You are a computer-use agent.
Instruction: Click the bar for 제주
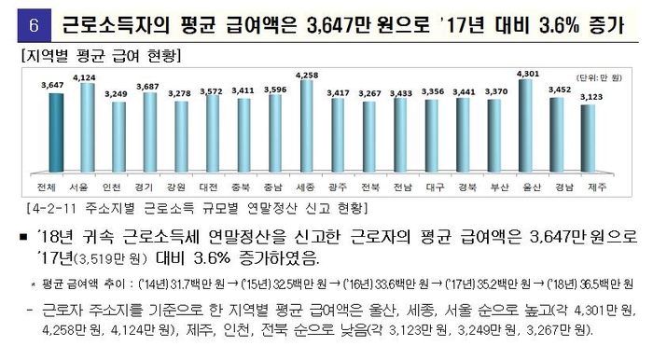click(589, 139)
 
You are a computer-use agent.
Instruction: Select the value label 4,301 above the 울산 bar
click(527, 72)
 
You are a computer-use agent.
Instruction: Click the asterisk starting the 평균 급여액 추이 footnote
click(34, 280)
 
